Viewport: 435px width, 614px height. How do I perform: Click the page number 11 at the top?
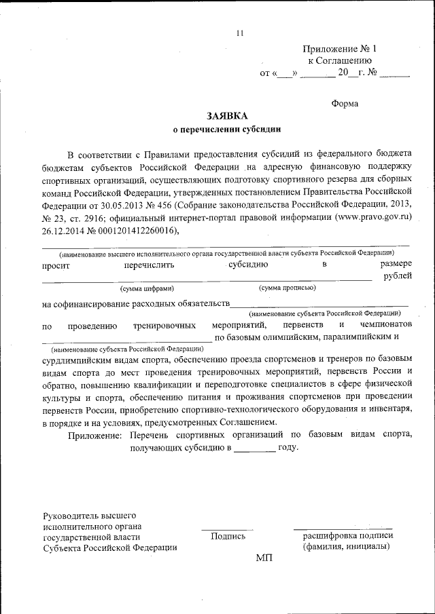click(239, 33)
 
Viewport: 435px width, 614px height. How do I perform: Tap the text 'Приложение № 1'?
click(338, 49)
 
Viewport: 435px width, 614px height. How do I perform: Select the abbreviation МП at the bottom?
click(263, 557)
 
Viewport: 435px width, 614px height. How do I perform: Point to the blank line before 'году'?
click(256, 450)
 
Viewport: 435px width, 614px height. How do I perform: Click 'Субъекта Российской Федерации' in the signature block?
click(109, 548)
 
